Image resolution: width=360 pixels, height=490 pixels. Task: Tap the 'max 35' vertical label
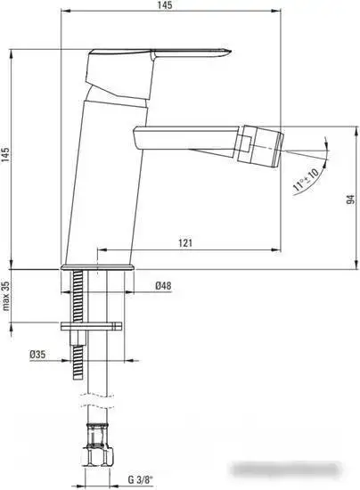(x=8, y=299)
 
